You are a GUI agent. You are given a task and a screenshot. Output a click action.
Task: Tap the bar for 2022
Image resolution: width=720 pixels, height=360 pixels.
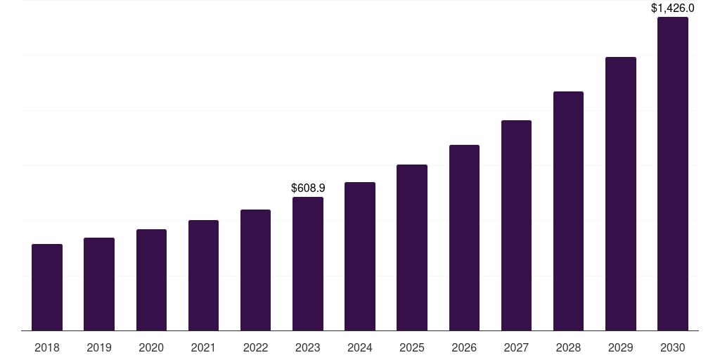click(x=255, y=270)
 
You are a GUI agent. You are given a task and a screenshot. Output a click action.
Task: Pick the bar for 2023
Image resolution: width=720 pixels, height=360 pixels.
click(x=308, y=264)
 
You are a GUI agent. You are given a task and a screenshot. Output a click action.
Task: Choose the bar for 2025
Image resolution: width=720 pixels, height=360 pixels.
click(x=412, y=247)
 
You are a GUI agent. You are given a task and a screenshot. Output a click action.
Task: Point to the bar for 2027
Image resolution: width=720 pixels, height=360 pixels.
click(x=516, y=225)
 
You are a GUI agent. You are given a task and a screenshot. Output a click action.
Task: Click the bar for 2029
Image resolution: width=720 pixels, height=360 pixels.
click(x=621, y=193)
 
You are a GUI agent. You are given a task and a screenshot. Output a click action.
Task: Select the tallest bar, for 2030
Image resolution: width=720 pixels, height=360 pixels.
click(x=673, y=174)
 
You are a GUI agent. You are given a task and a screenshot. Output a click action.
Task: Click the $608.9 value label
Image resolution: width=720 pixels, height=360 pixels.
click(x=308, y=188)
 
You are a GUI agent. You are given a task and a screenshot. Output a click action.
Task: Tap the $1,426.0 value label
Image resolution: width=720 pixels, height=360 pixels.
click(x=673, y=8)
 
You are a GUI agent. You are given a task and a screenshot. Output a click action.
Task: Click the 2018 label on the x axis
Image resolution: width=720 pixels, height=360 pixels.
click(x=47, y=348)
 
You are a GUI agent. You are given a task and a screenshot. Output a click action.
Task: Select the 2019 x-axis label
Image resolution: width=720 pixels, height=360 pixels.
click(x=99, y=348)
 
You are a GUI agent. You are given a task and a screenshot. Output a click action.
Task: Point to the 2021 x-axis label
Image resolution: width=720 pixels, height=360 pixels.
click(x=203, y=348)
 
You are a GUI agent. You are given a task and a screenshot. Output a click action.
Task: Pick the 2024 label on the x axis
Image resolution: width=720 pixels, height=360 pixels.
click(x=360, y=348)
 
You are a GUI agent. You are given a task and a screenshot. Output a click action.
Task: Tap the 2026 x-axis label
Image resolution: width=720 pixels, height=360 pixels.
click(x=464, y=348)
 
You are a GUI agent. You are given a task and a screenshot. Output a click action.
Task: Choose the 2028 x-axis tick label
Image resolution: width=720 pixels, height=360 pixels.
click(x=568, y=348)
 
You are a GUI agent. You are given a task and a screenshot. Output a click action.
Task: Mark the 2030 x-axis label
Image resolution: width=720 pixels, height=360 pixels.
click(x=673, y=348)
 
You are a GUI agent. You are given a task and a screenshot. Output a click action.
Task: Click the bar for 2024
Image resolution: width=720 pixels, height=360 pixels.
click(x=360, y=256)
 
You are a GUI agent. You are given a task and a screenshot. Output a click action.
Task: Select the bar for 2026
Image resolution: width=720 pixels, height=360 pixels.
click(x=464, y=238)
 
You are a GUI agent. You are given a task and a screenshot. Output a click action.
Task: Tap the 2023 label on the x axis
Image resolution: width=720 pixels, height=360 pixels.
click(x=308, y=348)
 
